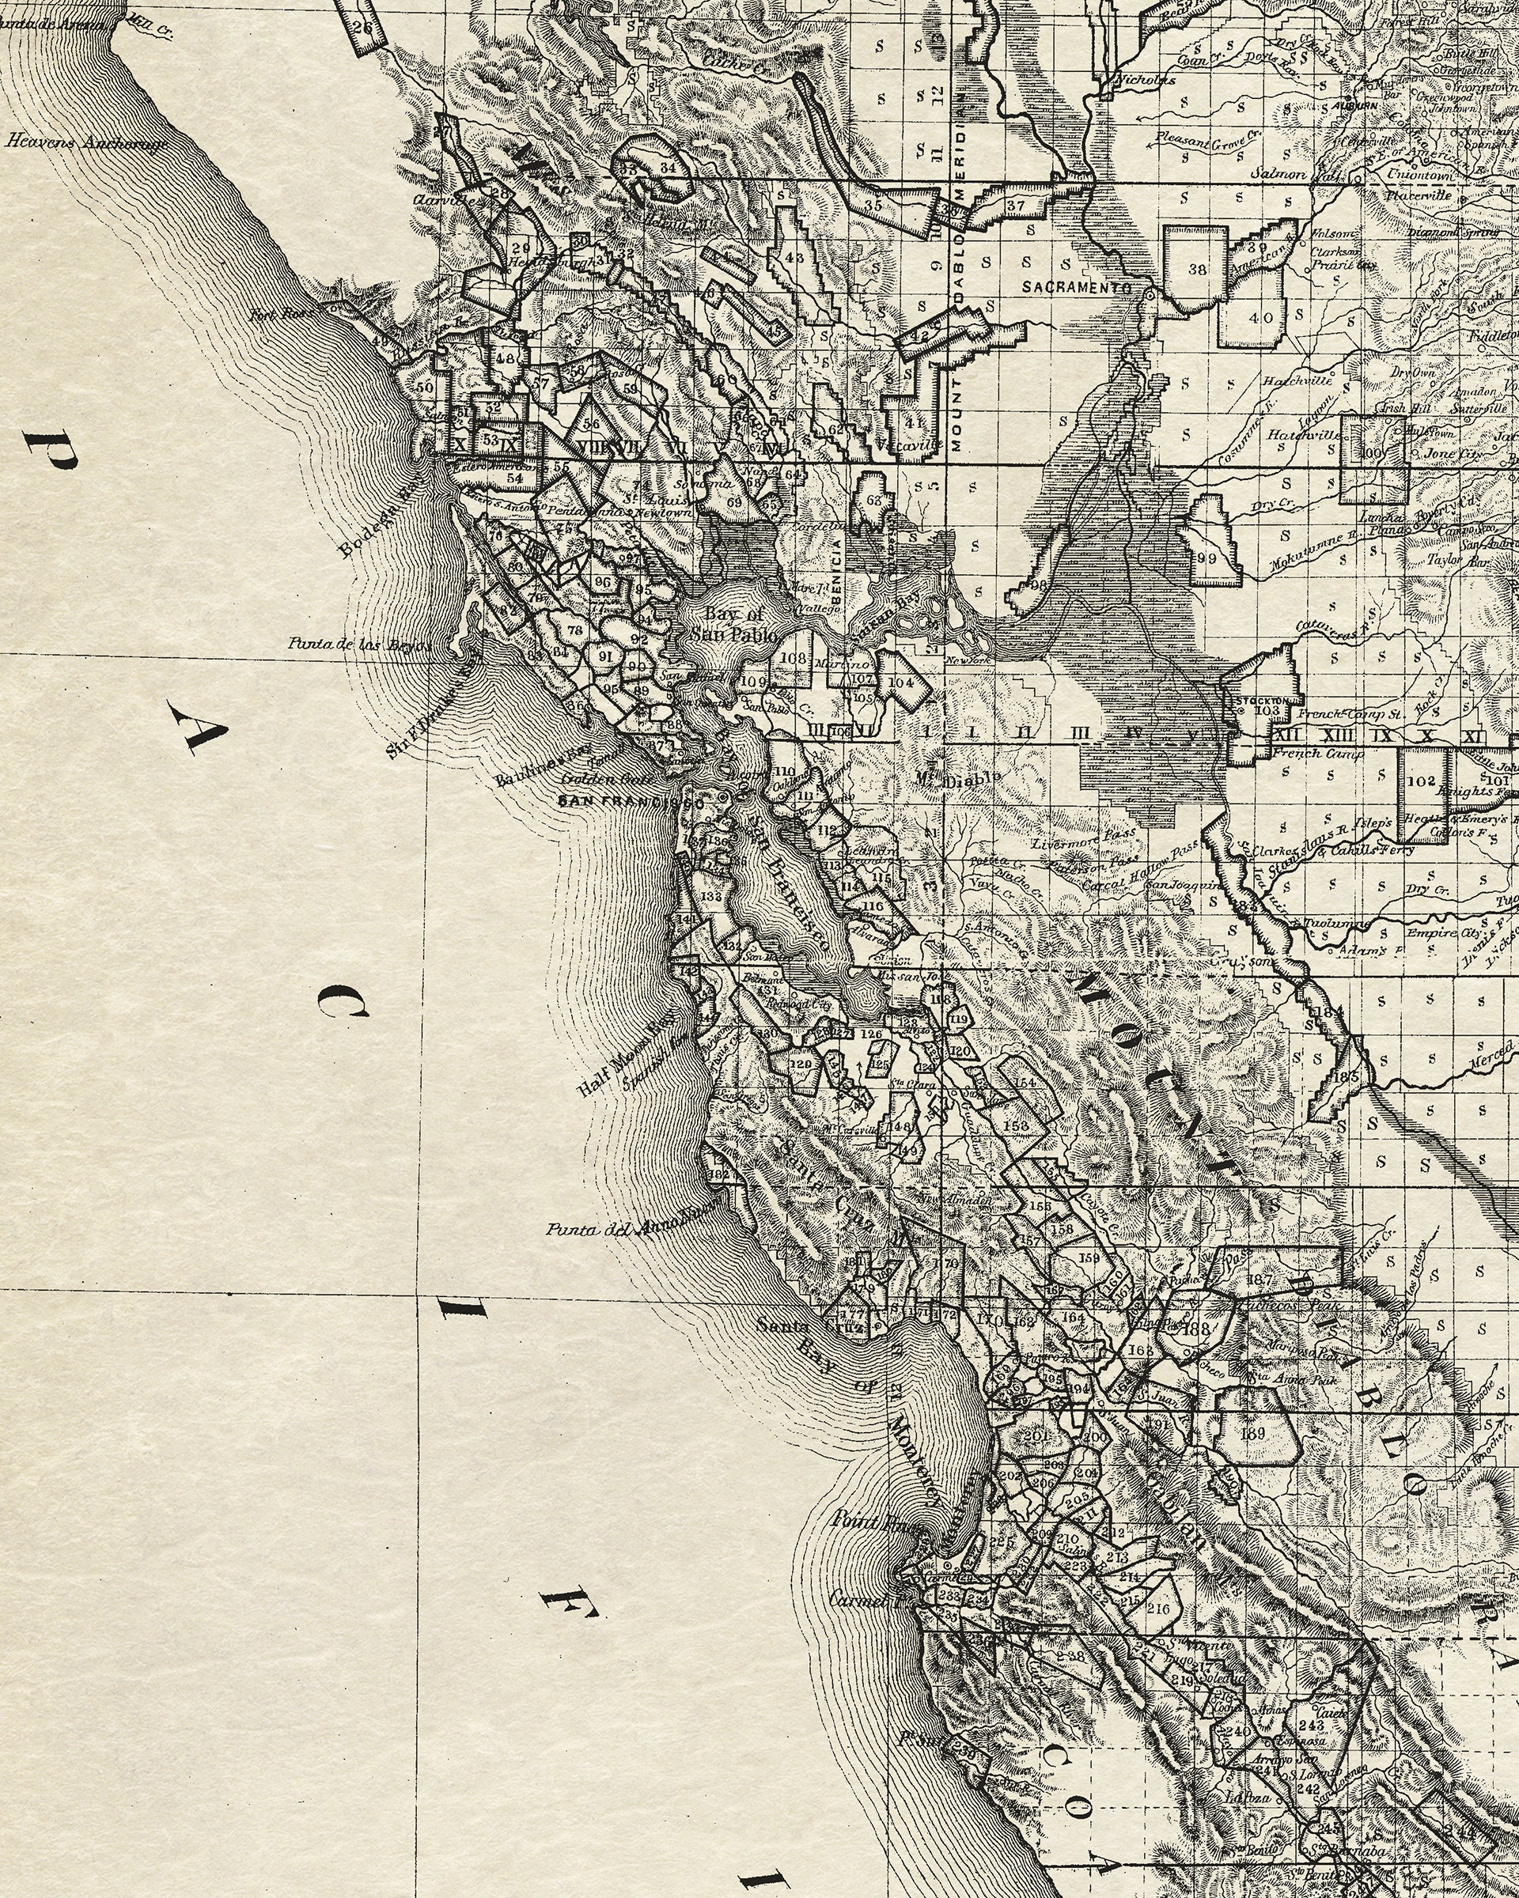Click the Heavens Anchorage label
(x=87, y=142)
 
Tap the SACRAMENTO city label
(x=1076, y=288)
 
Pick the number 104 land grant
(x=901, y=682)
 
